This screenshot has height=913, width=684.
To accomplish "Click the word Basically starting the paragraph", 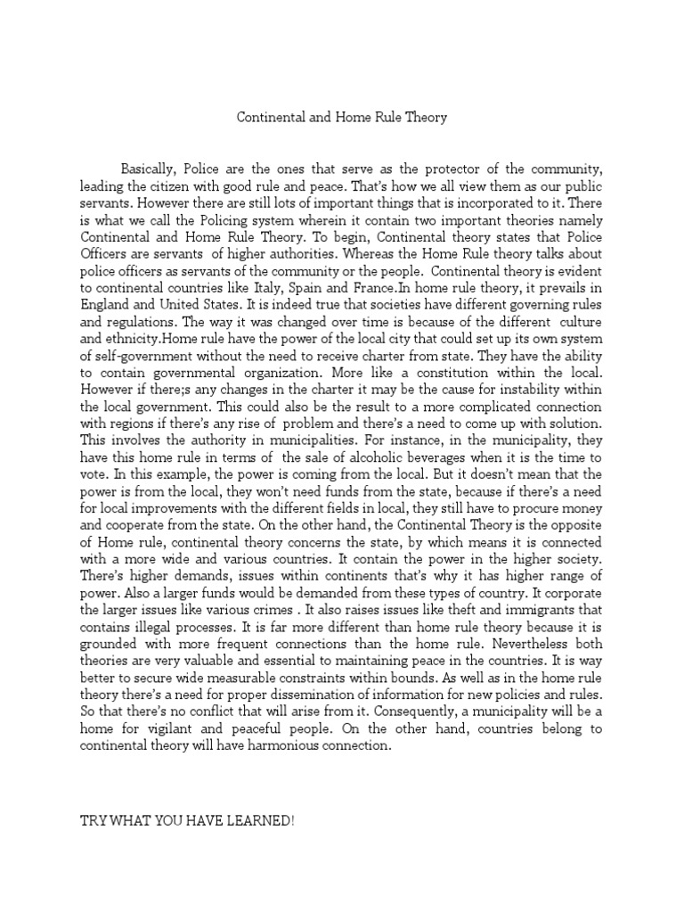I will [x=151, y=170].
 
